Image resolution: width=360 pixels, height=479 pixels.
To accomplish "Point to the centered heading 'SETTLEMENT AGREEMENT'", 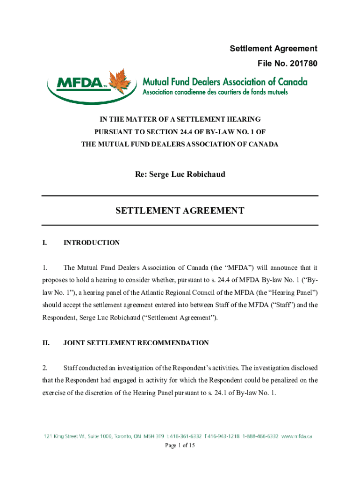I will (x=180, y=211).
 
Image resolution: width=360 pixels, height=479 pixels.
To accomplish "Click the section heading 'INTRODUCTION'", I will (x=92, y=243).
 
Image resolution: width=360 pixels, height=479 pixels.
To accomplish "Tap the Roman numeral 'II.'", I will (x=46, y=343).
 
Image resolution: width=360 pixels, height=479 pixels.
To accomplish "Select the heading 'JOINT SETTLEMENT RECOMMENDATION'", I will (x=136, y=343).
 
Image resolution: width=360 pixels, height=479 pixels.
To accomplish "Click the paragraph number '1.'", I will (x=45, y=268).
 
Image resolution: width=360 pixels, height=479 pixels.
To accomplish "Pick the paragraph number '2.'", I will (x=45, y=368).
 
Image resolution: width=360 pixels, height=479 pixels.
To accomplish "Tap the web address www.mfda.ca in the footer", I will (x=297, y=436).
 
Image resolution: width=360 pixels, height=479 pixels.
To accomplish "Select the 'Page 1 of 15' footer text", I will (x=180, y=446).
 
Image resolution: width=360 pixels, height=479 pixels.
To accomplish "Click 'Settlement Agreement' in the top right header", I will (x=274, y=49).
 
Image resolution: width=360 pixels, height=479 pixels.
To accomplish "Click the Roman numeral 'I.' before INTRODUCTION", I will (x=44, y=243).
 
